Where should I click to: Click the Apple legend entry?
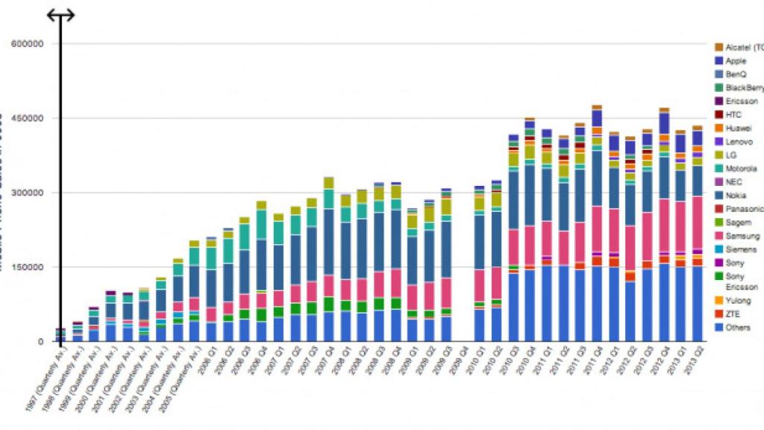tap(736, 61)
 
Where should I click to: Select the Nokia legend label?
tap(736, 196)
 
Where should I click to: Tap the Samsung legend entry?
tap(739, 236)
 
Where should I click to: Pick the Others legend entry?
tap(737, 328)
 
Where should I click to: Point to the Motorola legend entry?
tap(740, 169)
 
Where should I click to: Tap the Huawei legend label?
tap(737, 128)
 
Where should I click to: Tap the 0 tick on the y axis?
tap(43, 342)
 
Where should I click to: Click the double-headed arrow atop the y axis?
tap(60, 15)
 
